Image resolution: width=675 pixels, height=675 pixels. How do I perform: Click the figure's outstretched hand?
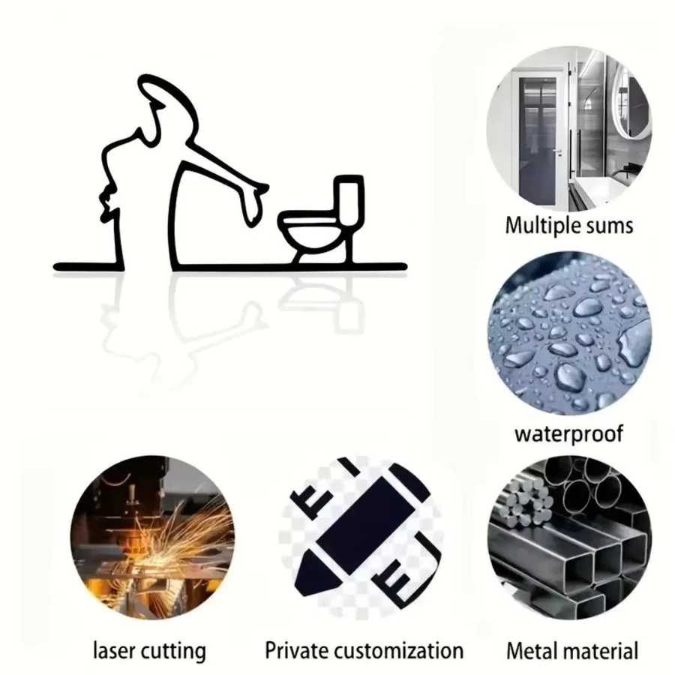click(255, 203)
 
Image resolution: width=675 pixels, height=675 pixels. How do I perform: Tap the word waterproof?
click(568, 434)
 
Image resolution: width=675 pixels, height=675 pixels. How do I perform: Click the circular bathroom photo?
click(569, 129)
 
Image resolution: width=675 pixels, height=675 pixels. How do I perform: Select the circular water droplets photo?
click(569, 334)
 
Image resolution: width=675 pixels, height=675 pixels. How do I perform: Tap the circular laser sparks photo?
click(152, 538)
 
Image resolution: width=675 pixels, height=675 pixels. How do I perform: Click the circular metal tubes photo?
click(569, 538)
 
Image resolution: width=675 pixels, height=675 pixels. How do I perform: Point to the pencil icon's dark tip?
click(314, 574)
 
